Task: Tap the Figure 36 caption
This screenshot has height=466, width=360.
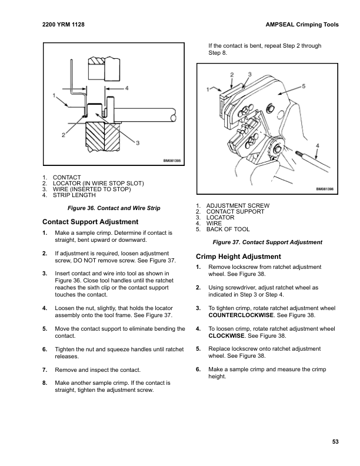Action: (x=110, y=209)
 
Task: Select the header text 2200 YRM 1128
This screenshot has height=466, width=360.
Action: (x=64, y=26)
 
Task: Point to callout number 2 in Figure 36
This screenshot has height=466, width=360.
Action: (x=63, y=135)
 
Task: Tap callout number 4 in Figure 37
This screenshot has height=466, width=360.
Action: (x=317, y=144)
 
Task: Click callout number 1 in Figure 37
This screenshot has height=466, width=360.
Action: (x=208, y=89)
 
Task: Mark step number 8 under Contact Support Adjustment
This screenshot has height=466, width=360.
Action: (x=45, y=382)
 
